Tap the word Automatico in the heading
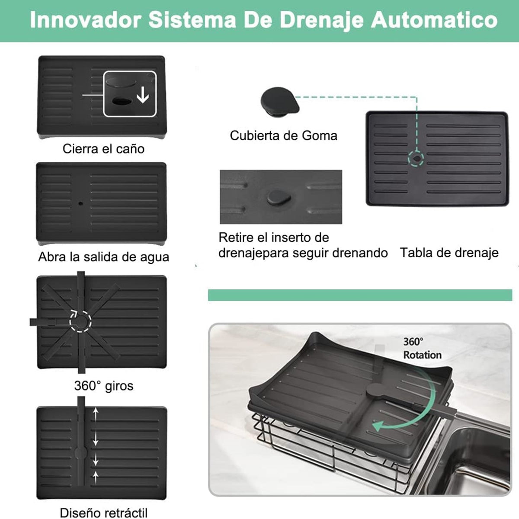(x=434, y=20)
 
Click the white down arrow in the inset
(x=143, y=96)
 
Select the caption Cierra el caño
(x=103, y=149)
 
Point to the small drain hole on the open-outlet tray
(x=80, y=202)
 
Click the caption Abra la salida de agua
(x=103, y=257)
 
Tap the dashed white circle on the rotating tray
(x=80, y=320)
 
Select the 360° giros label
(x=103, y=385)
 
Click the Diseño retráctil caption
(x=103, y=513)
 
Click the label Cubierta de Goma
(x=283, y=135)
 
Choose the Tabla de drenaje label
(x=449, y=253)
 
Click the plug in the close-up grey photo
(x=279, y=197)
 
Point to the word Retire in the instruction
(x=237, y=237)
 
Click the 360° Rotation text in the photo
(x=422, y=348)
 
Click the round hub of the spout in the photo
(x=375, y=390)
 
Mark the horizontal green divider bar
(x=360, y=295)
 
